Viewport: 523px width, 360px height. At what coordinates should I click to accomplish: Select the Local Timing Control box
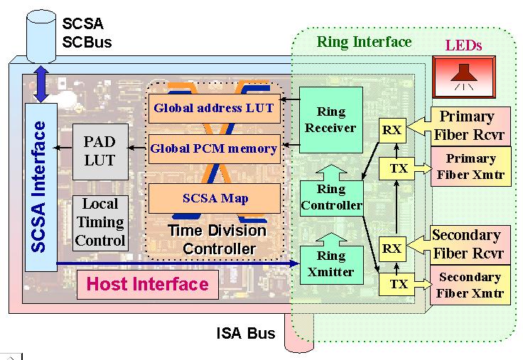pos(99,222)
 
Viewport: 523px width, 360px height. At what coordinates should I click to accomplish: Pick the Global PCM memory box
pos(213,149)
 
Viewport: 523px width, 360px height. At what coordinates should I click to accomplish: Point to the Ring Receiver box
pos(331,119)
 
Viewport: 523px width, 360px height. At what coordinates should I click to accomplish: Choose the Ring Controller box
pos(331,197)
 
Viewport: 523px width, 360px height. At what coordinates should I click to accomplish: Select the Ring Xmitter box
pos(331,263)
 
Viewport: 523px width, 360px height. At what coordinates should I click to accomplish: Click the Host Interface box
pos(147,285)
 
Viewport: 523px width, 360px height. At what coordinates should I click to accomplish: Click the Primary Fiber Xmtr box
pos(470,166)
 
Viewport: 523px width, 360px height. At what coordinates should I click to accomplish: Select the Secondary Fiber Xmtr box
pos(470,285)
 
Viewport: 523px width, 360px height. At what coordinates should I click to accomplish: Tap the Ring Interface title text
pos(364,42)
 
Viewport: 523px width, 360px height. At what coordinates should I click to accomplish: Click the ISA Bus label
pos(245,332)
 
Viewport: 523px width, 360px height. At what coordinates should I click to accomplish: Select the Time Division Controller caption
pos(216,240)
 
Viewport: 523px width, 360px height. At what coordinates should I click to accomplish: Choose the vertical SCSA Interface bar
pos(40,186)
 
